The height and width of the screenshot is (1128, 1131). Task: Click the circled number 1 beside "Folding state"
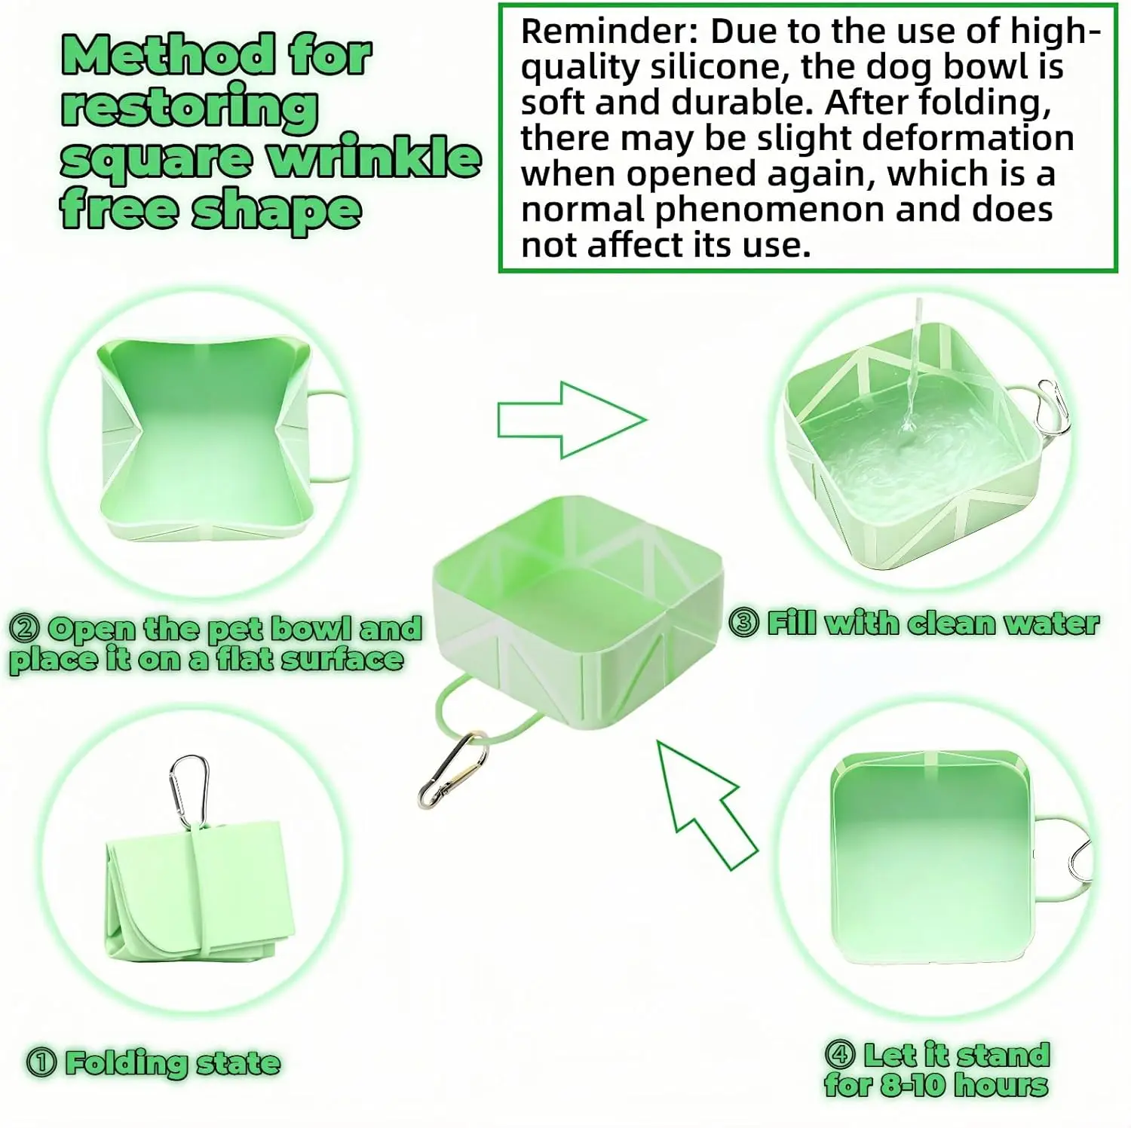pyautogui.click(x=41, y=1063)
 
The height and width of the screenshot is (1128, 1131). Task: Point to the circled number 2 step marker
pyautogui.click(x=26, y=628)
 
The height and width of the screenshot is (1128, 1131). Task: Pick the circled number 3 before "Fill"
pyautogui.click(x=744, y=624)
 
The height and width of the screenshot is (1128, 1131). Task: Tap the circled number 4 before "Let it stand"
pyautogui.click(x=840, y=1054)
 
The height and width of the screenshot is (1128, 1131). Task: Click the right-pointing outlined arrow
pyautogui.click(x=572, y=420)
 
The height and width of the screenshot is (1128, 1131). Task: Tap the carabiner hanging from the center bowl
pyautogui.click(x=453, y=770)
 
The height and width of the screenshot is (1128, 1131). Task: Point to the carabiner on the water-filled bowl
pyautogui.click(x=1052, y=408)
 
